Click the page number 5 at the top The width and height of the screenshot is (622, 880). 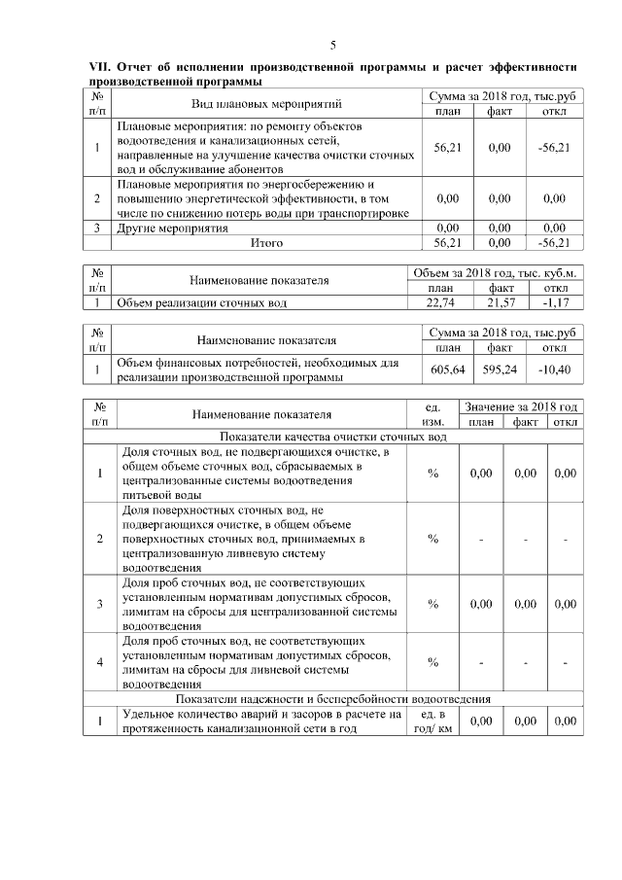pos(332,45)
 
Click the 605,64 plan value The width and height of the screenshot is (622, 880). pos(448,370)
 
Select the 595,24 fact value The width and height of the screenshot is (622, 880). pos(501,370)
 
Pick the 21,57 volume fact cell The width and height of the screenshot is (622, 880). pos(501,302)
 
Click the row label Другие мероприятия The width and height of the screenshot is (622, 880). pos(172,229)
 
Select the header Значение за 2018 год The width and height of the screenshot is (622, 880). pos(521,406)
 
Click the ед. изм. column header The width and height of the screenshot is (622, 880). pos(432,414)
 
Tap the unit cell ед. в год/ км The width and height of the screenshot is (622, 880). pos(432,722)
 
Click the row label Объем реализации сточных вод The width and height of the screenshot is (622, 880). pos(201,302)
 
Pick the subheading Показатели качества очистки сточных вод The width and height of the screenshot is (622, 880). pos(333,437)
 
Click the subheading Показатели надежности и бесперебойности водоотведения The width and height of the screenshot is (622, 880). pos(333,699)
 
